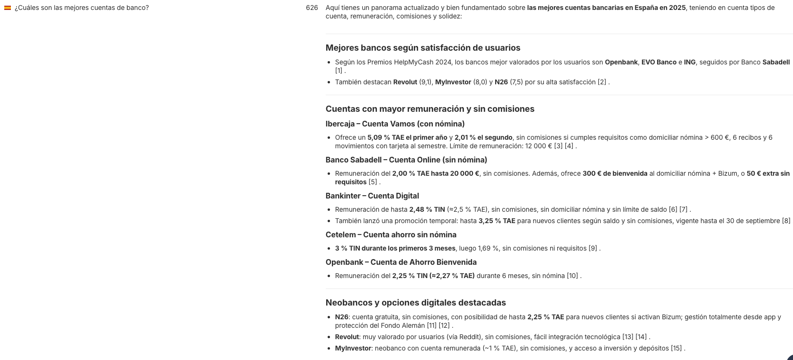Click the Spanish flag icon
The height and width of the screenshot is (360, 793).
tap(8, 8)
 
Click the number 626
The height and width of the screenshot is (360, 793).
tap(312, 8)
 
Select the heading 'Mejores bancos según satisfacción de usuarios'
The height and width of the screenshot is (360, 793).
tap(423, 48)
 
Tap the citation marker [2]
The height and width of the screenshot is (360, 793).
tap(602, 82)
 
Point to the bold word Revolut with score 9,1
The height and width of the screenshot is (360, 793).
tap(405, 82)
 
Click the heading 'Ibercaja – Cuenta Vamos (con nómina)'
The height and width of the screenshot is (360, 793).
tap(395, 124)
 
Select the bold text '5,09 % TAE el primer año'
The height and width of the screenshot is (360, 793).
tap(407, 137)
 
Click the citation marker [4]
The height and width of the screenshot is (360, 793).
tap(569, 146)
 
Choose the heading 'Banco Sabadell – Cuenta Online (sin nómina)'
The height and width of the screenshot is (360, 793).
tap(406, 160)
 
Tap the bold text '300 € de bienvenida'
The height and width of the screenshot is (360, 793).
tap(615, 173)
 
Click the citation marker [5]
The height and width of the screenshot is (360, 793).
tap(373, 182)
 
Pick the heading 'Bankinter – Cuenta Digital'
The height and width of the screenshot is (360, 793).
tap(372, 196)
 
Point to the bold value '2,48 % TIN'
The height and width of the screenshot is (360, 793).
tap(427, 209)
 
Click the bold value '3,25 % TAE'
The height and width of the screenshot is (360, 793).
tap(497, 221)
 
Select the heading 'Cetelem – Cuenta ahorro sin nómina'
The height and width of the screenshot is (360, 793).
tap(391, 235)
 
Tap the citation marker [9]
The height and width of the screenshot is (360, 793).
tap(593, 248)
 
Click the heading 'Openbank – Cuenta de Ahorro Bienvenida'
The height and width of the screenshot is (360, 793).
tap(401, 262)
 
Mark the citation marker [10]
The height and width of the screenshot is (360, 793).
tap(572, 276)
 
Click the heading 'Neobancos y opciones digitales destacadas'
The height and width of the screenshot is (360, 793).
tap(416, 303)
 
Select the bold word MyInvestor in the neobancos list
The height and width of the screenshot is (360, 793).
tap(353, 348)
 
